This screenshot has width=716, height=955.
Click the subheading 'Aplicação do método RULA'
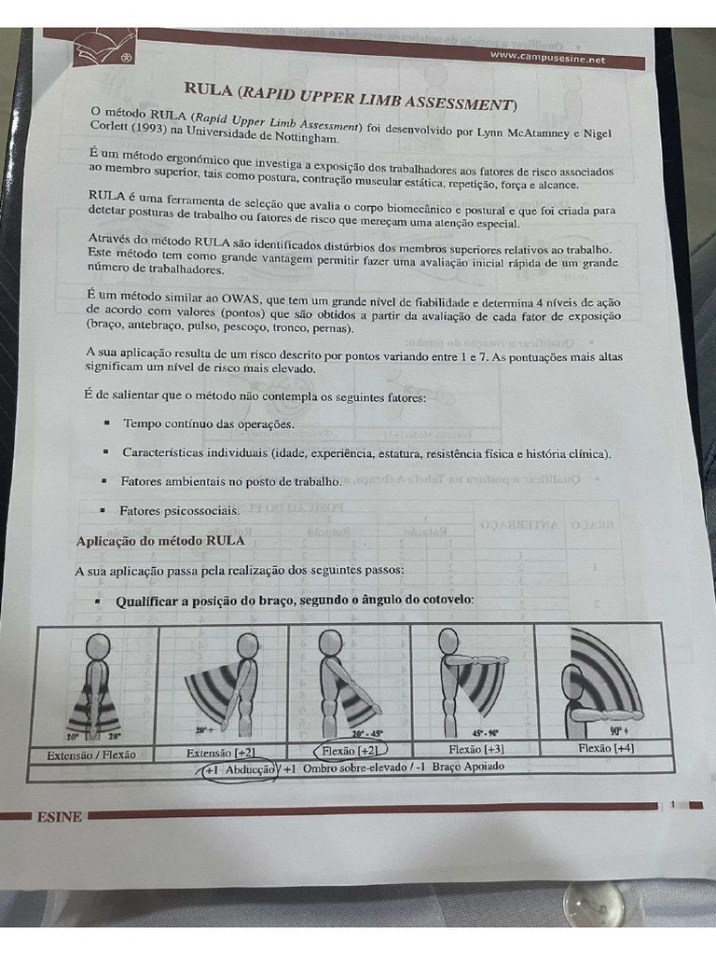159,540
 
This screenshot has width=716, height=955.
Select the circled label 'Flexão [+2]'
350,749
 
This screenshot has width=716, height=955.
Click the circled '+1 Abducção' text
239,770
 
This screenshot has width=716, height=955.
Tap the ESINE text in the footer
59,817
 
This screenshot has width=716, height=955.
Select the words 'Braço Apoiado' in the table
470,767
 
